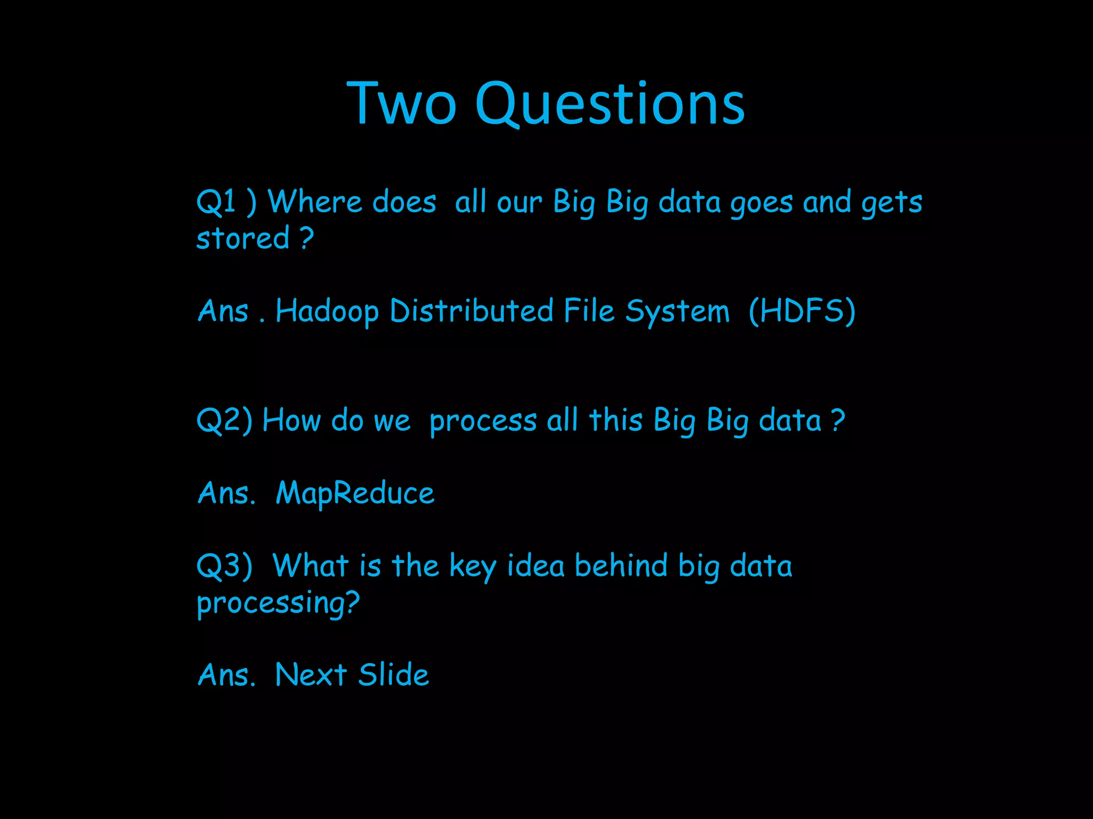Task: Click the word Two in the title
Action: (x=401, y=103)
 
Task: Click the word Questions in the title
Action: (x=609, y=103)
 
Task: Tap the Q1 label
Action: (x=216, y=203)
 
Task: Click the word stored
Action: (x=243, y=238)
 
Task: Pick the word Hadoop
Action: (x=327, y=311)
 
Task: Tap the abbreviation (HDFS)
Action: (x=802, y=311)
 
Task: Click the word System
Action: (x=677, y=311)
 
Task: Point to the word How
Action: (x=291, y=420)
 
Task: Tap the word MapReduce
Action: (x=355, y=494)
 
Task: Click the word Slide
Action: (x=393, y=675)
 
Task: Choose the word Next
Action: (x=311, y=675)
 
